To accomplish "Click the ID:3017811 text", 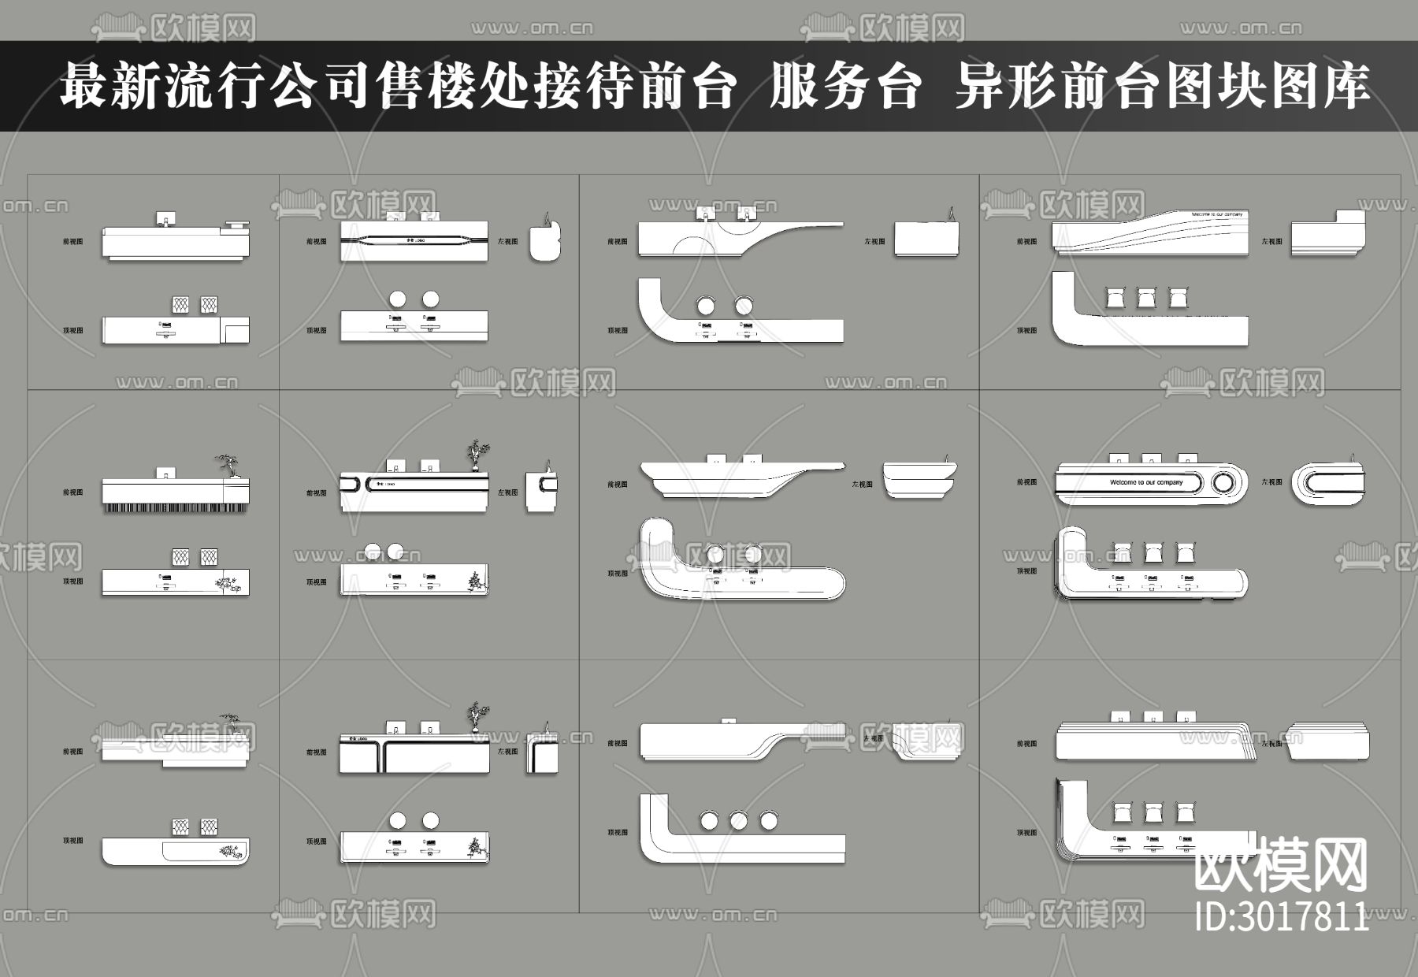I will tap(1282, 916).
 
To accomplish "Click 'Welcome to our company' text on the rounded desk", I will tap(1146, 482).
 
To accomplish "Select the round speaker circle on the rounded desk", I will tap(1223, 482).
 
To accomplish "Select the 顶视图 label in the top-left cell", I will tap(73, 331).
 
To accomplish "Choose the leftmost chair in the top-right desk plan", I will tap(1116, 299).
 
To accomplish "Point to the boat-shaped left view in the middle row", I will tap(919, 479).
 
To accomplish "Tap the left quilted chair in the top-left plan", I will tap(180, 305).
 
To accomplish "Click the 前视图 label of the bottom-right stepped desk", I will tap(1026, 743).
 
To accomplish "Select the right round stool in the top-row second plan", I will tap(430, 299).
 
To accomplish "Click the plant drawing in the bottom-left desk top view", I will tap(229, 851).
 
